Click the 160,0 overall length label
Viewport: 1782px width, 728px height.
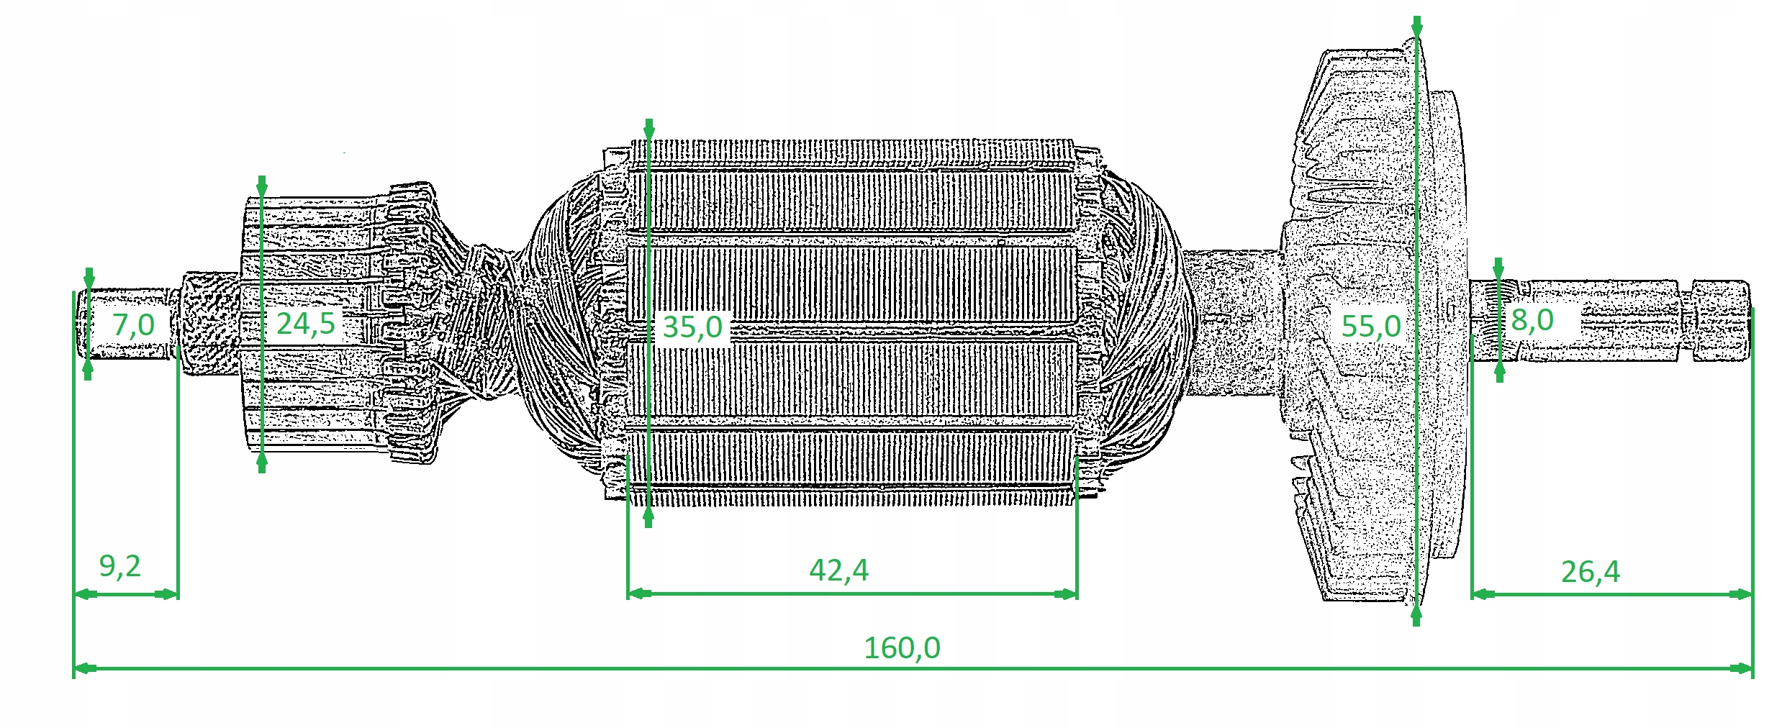(901, 647)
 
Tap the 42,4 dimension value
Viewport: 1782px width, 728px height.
(838, 570)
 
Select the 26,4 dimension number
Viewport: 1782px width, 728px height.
(1591, 572)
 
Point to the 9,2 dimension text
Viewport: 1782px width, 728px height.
(119, 567)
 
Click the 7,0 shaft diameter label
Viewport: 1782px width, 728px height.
(134, 325)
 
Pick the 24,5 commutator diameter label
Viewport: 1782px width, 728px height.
(306, 324)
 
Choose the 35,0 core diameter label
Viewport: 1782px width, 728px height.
(692, 327)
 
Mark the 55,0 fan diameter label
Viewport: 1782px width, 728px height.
(1371, 326)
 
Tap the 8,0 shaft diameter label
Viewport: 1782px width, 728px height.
(1532, 320)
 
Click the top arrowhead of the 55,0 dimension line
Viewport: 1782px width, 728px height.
(1416, 27)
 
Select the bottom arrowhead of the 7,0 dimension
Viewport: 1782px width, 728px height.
(88, 370)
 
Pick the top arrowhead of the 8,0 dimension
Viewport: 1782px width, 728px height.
(1499, 268)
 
